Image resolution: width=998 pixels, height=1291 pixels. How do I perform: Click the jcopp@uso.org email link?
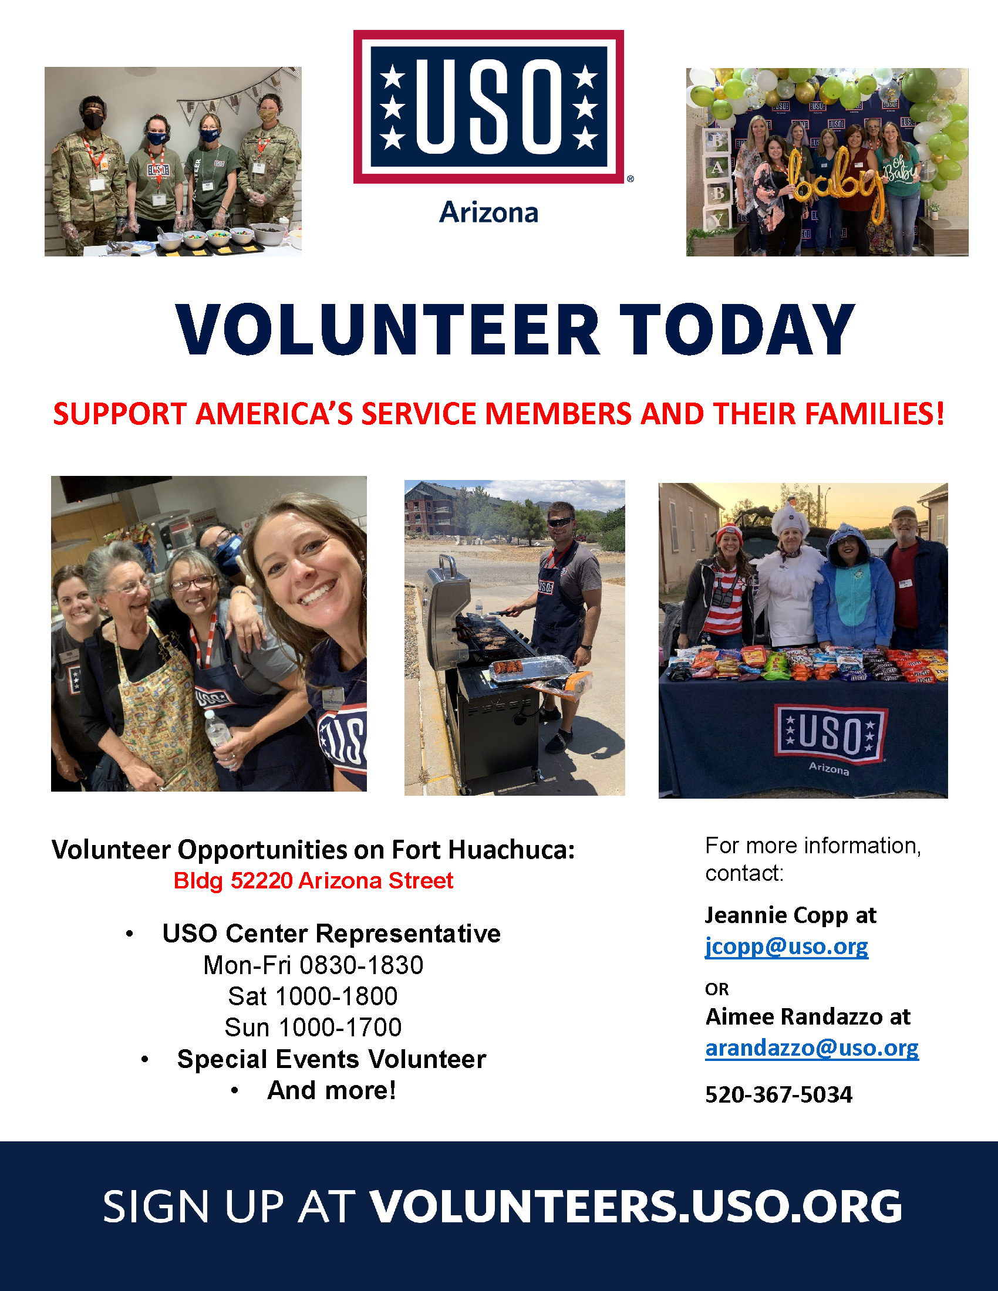click(x=786, y=947)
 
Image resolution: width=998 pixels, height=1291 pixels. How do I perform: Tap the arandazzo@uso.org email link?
click(x=812, y=1048)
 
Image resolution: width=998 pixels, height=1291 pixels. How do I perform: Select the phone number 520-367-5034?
click(x=778, y=1095)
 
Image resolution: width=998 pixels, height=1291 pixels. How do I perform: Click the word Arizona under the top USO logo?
click(x=488, y=212)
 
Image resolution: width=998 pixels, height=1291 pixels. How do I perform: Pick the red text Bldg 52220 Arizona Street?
click(x=313, y=881)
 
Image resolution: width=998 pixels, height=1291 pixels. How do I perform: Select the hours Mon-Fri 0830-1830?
click(x=313, y=965)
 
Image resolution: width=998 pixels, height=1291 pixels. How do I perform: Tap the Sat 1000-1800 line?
click(x=313, y=996)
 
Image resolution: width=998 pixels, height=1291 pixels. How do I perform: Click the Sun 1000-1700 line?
click(x=313, y=1028)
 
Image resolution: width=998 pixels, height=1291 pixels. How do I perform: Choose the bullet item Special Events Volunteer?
click(x=332, y=1059)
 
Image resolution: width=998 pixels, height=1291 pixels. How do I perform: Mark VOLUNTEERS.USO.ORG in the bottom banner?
click(x=636, y=1207)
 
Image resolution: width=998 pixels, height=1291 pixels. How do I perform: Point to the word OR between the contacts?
click(x=717, y=989)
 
